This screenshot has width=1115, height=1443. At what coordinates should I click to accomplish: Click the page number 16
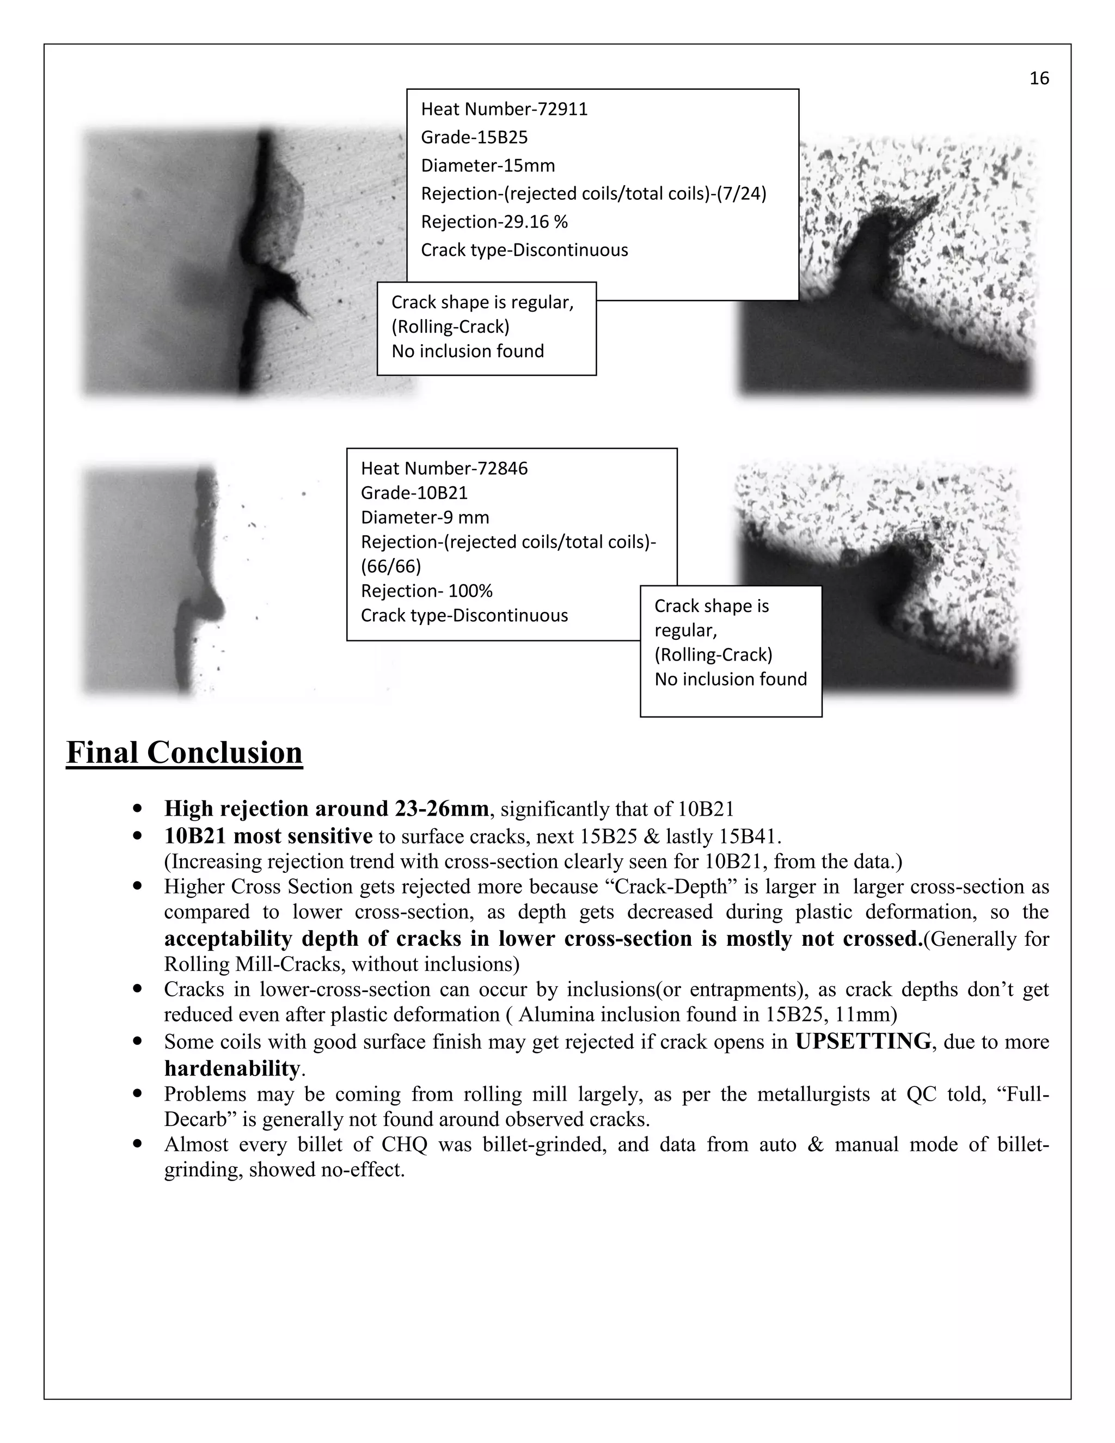1039,78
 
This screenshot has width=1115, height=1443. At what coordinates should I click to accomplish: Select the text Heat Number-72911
504,109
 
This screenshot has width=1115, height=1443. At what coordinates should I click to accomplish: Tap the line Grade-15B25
474,137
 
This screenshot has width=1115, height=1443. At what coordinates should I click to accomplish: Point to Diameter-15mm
487,166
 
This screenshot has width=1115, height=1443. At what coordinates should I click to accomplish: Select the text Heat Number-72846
444,468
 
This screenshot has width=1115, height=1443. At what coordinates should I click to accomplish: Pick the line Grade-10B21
414,493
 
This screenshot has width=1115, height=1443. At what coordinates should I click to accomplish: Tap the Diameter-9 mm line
425,517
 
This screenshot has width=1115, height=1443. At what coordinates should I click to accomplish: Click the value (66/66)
390,566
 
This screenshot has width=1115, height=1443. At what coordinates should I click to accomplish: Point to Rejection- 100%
427,591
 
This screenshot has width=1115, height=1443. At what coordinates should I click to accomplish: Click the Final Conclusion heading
185,753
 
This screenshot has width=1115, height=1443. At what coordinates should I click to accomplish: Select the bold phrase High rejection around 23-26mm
326,809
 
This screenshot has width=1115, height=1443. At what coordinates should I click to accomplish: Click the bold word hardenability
232,1068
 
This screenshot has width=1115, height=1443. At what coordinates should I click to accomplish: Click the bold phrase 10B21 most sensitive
268,836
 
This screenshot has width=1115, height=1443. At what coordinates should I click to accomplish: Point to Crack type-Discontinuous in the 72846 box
464,615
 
